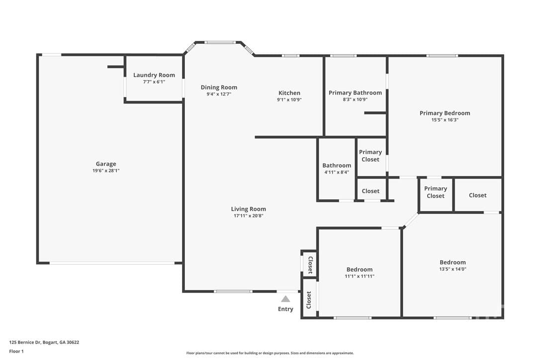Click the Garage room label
pyautogui.click(x=106, y=164)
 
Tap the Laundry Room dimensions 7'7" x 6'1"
pyautogui.click(x=154, y=82)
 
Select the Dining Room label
pyautogui.click(x=219, y=88)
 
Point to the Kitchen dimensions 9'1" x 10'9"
pyautogui.click(x=289, y=100)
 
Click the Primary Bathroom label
pyautogui.click(x=355, y=92)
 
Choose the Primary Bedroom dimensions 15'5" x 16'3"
pyautogui.click(x=445, y=120)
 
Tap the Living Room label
pyautogui.click(x=248, y=209)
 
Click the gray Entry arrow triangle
pyautogui.click(x=285, y=299)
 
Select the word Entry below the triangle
pyautogui.click(x=285, y=309)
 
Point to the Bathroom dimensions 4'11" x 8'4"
pyautogui.click(x=337, y=172)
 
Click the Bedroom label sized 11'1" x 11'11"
pyautogui.click(x=359, y=270)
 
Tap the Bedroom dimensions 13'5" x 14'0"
pyautogui.click(x=452, y=269)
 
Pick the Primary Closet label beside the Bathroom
pyautogui.click(x=370, y=156)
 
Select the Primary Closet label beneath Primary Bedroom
pyautogui.click(x=435, y=192)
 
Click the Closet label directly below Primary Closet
pyautogui.click(x=370, y=191)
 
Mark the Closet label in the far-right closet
pyautogui.click(x=478, y=195)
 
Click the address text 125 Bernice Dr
pyautogui.click(x=25, y=343)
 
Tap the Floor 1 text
pyautogui.click(x=16, y=352)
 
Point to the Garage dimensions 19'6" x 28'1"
pyautogui.click(x=106, y=171)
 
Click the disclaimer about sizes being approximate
pyautogui.click(x=270, y=353)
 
